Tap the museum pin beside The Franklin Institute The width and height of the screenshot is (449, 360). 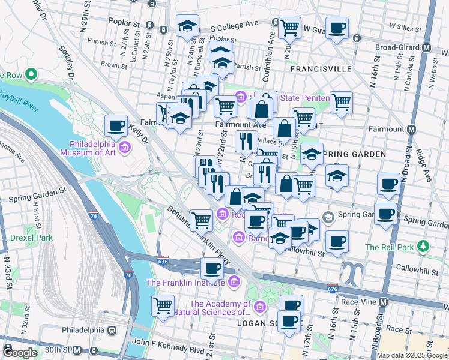pos(234,282)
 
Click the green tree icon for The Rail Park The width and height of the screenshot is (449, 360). pos(424,247)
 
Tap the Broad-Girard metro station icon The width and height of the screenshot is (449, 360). pos(427,47)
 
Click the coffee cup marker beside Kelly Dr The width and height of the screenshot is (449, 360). pos(116,126)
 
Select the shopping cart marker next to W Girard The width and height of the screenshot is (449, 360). pos(290,27)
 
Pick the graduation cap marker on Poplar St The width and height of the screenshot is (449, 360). pos(187,26)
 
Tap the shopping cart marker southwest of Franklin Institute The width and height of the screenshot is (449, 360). pos(163,305)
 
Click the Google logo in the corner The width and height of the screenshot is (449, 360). pos(20,353)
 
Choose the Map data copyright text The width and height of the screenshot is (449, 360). pos(412,355)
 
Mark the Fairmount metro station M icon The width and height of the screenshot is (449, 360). pos(412,129)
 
